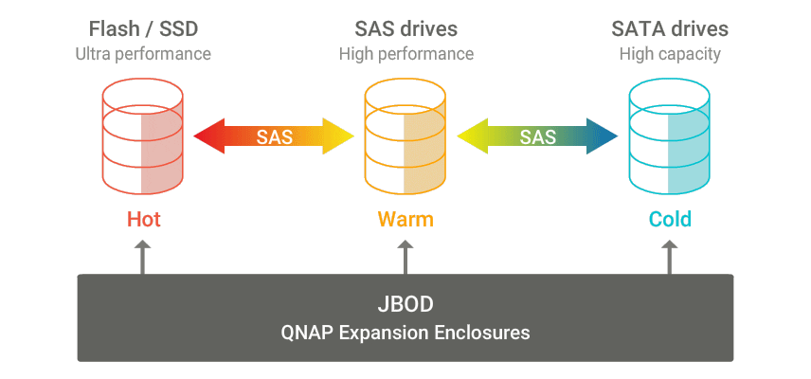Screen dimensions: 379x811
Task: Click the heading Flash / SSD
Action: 142,28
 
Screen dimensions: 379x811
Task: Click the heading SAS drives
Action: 405,28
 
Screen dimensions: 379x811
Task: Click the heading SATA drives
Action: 670,28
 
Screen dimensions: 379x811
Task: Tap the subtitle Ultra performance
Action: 142,54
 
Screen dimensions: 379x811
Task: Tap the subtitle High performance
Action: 405,54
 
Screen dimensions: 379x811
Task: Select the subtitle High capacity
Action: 670,54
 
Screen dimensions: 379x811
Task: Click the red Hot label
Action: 144,220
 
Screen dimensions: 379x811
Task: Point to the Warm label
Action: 405,220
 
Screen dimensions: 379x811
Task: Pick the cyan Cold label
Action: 670,220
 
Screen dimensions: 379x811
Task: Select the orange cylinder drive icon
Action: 405,136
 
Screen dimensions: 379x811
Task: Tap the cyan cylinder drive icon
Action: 669,136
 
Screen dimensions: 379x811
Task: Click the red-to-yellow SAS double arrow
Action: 274,136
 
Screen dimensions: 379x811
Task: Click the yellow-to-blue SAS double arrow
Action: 537,136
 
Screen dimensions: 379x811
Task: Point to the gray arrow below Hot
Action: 142,257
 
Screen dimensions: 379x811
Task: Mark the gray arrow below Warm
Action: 405,257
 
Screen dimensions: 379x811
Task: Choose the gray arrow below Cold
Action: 669,257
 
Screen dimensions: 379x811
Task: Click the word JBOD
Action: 405,307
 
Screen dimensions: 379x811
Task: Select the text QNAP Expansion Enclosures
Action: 405,333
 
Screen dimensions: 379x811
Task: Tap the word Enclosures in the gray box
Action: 487,333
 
